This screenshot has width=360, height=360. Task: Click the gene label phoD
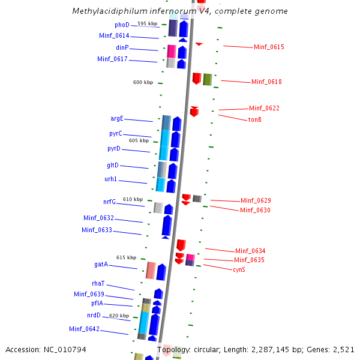pos(122,25)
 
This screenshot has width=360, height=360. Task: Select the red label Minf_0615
pos(269,47)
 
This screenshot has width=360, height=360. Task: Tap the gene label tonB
pos(254,119)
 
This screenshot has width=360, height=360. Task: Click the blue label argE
pos(117,119)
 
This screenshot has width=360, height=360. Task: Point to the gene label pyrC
pos(116,133)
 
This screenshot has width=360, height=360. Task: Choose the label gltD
pos(113,165)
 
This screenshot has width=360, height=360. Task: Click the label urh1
pos(111,179)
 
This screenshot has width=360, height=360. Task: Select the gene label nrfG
pos(109,202)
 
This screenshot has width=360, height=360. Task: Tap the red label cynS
pos(239,269)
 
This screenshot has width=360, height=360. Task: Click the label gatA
pos(101,264)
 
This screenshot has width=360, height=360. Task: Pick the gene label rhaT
pos(98,283)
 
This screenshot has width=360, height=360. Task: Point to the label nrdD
pos(94,315)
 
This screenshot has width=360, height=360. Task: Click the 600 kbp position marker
pos(143,82)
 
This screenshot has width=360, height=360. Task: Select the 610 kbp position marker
pos(133,199)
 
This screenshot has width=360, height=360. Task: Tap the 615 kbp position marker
pos(126,257)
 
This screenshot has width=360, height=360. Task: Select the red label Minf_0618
pos(266,82)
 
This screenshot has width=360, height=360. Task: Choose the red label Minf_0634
pos(250,251)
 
